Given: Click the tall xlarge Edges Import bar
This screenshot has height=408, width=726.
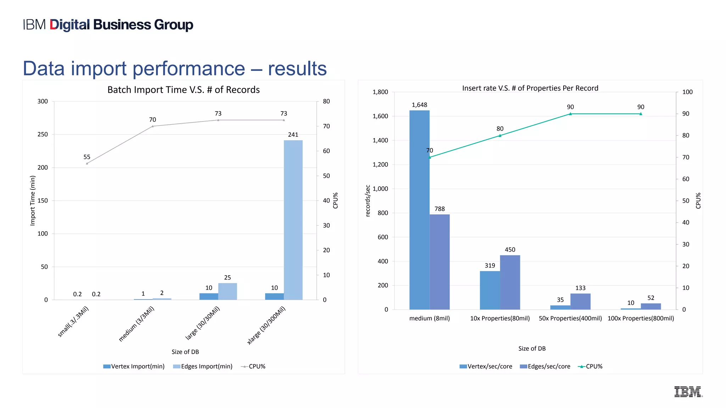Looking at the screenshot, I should [x=293, y=220].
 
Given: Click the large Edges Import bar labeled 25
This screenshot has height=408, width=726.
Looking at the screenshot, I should [x=228, y=291].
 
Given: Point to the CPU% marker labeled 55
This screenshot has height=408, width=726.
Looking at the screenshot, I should [x=87, y=163].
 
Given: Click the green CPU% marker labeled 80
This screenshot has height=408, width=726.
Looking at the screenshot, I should [x=500, y=136].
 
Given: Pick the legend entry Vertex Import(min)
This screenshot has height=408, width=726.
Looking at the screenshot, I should [x=134, y=366].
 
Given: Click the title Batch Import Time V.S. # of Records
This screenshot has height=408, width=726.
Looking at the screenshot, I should [x=183, y=90].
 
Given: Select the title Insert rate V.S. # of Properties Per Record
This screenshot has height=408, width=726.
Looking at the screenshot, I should [x=530, y=88].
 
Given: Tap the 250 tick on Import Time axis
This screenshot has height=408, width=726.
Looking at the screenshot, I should [x=43, y=134].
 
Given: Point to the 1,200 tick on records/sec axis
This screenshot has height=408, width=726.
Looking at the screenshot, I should [x=380, y=164].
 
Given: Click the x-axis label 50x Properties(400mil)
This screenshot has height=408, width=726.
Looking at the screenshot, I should [x=570, y=318].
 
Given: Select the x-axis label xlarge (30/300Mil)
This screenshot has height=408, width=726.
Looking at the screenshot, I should [x=267, y=325].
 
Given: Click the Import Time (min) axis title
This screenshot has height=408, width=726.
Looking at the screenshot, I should [x=33, y=200].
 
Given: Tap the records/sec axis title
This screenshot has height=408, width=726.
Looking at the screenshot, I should [x=368, y=200].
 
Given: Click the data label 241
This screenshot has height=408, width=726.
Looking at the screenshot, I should [x=293, y=135].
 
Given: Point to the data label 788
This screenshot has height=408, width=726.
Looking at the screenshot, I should [x=440, y=209].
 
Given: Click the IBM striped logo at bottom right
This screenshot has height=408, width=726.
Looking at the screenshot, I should [x=688, y=392].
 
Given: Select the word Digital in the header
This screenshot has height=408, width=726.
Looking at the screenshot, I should [x=70, y=25].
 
